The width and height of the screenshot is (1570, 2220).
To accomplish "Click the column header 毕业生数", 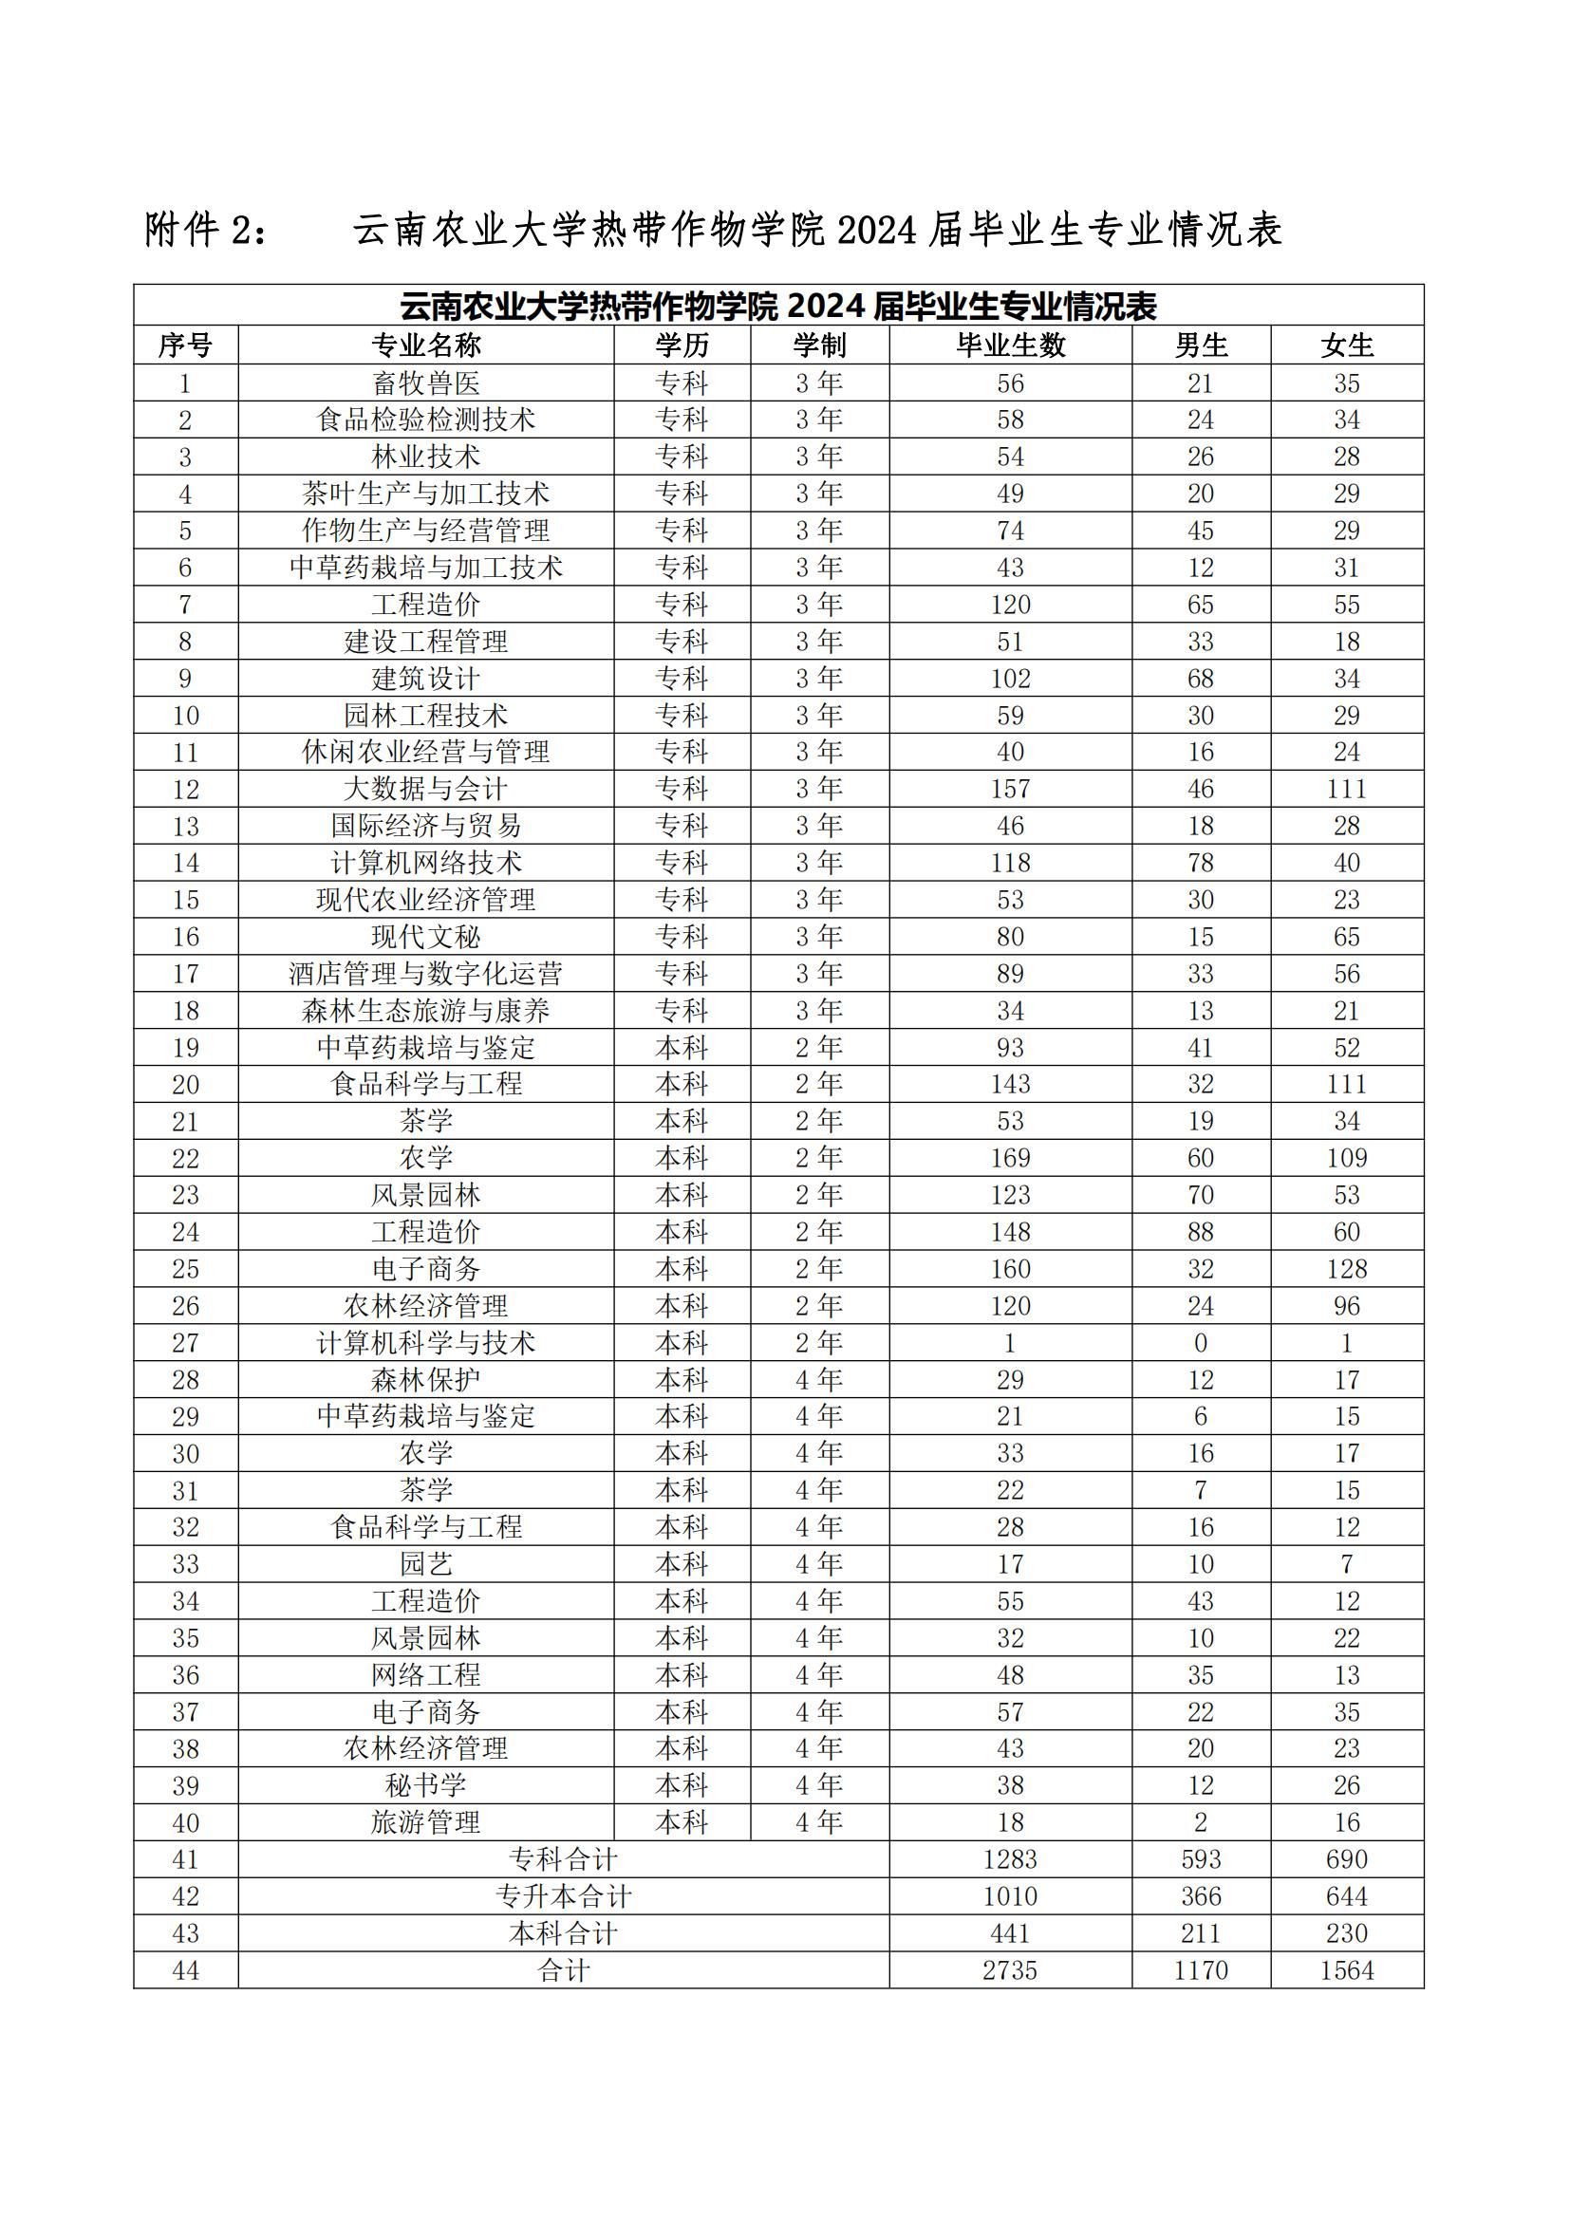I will pyautogui.click(x=1010, y=345).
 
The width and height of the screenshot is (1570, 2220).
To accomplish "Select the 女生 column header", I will pyautogui.click(x=1347, y=345).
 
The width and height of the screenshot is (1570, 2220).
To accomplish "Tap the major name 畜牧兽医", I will pyautogui.click(x=425, y=383).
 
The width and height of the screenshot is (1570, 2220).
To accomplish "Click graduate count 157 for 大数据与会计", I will pyautogui.click(x=1010, y=789).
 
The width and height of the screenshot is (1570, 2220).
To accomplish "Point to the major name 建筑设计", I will pyautogui.click(x=425, y=679).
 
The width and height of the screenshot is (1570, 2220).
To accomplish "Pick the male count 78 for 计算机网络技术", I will pyautogui.click(x=1201, y=863).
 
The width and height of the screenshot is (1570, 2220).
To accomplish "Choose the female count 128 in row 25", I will pyautogui.click(x=1347, y=1269).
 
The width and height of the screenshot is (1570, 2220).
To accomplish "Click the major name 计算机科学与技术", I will pyautogui.click(x=425, y=1342).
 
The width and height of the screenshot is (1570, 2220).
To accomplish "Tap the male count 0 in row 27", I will pyautogui.click(x=1201, y=1342).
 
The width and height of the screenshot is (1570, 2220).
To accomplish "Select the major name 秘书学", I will pyautogui.click(x=425, y=1785).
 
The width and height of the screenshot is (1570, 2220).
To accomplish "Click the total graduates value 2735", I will pyautogui.click(x=1010, y=1970).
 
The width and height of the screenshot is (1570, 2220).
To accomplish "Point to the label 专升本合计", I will pyautogui.click(x=564, y=1896).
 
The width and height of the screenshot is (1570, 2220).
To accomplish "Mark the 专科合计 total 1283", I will pyautogui.click(x=1010, y=1859).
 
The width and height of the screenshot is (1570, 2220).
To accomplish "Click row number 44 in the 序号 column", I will pyautogui.click(x=186, y=1970).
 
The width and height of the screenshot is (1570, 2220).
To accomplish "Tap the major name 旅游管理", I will pyautogui.click(x=425, y=1822).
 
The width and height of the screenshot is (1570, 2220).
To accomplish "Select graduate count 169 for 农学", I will pyautogui.click(x=1010, y=1158).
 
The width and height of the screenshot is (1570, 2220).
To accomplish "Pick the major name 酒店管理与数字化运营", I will pyautogui.click(x=425, y=974).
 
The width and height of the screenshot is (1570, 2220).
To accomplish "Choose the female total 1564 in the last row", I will pyautogui.click(x=1347, y=1970).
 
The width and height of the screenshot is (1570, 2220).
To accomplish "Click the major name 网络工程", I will pyautogui.click(x=425, y=1674).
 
